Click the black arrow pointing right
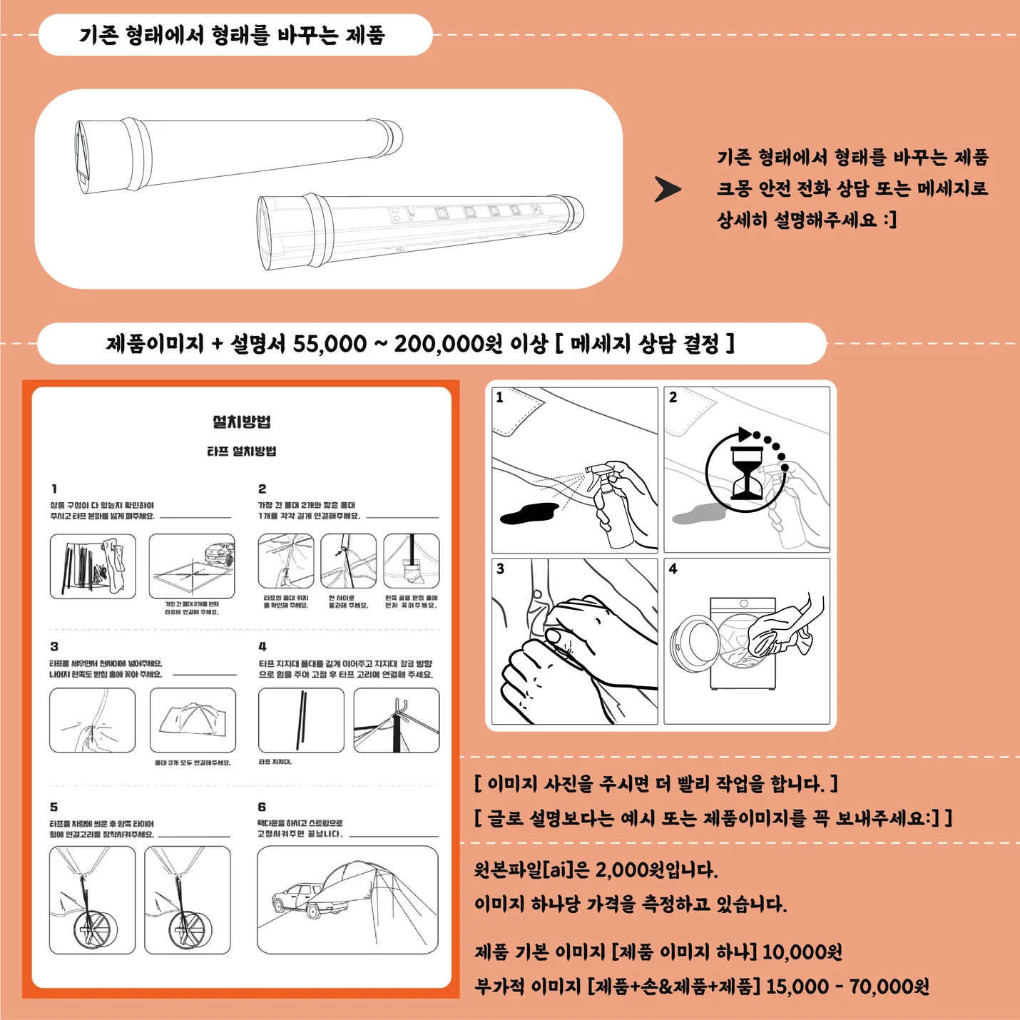click(x=668, y=189)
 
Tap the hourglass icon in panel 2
click(x=747, y=472)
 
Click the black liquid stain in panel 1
click(x=529, y=512)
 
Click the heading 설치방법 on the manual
click(x=242, y=422)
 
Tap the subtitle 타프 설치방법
click(x=241, y=452)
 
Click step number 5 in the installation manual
click(x=54, y=807)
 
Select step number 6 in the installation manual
click(x=262, y=807)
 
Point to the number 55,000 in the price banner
click(x=330, y=344)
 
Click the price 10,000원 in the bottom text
click(x=802, y=952)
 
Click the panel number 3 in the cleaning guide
click(x=500, y=568)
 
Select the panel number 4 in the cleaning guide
click(x=673, y=568)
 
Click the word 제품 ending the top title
click(x=365, y=35)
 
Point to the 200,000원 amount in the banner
click(x=448, y=344)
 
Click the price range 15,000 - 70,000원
click(x=847, y=986)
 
